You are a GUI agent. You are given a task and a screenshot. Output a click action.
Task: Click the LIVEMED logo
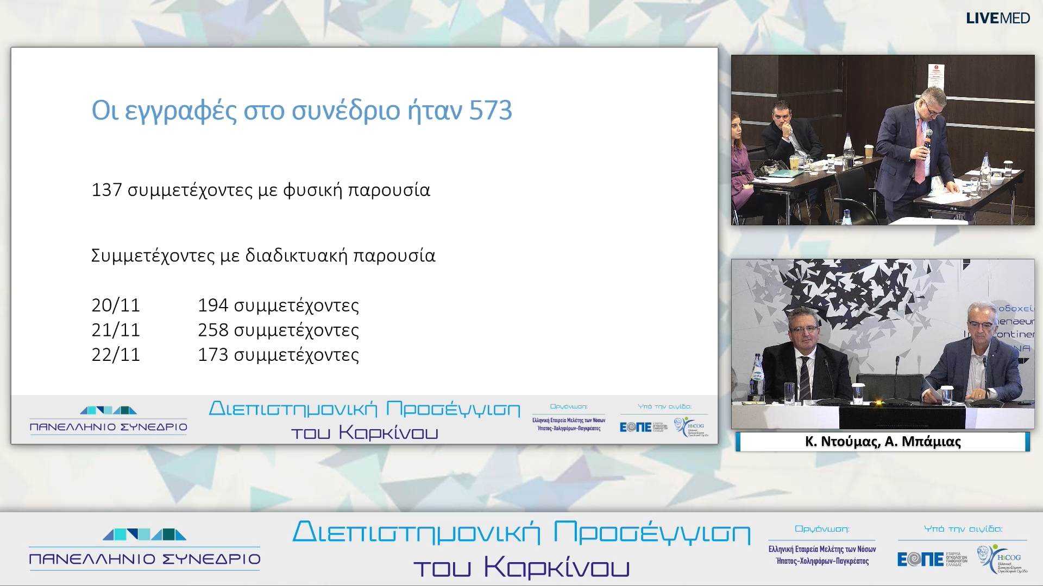997,18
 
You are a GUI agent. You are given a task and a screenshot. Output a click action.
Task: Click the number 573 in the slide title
491,111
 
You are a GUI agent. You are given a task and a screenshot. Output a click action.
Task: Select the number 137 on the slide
106,190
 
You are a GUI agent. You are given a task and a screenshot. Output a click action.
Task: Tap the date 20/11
116,305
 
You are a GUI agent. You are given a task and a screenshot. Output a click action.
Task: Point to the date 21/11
116,330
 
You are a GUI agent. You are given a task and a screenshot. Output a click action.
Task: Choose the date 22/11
116,355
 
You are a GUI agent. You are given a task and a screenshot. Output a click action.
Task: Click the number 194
212,305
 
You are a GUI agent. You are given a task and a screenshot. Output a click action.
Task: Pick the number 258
212,330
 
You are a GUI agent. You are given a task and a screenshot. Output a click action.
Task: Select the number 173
212,355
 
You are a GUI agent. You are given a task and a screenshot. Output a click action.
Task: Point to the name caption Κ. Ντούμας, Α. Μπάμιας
883,442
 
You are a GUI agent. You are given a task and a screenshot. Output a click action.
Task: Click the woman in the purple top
740,163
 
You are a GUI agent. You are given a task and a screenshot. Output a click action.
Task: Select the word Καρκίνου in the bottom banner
556,567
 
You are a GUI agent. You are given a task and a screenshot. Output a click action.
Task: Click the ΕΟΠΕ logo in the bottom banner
920,559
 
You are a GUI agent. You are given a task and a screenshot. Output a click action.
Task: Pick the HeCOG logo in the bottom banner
1003,559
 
